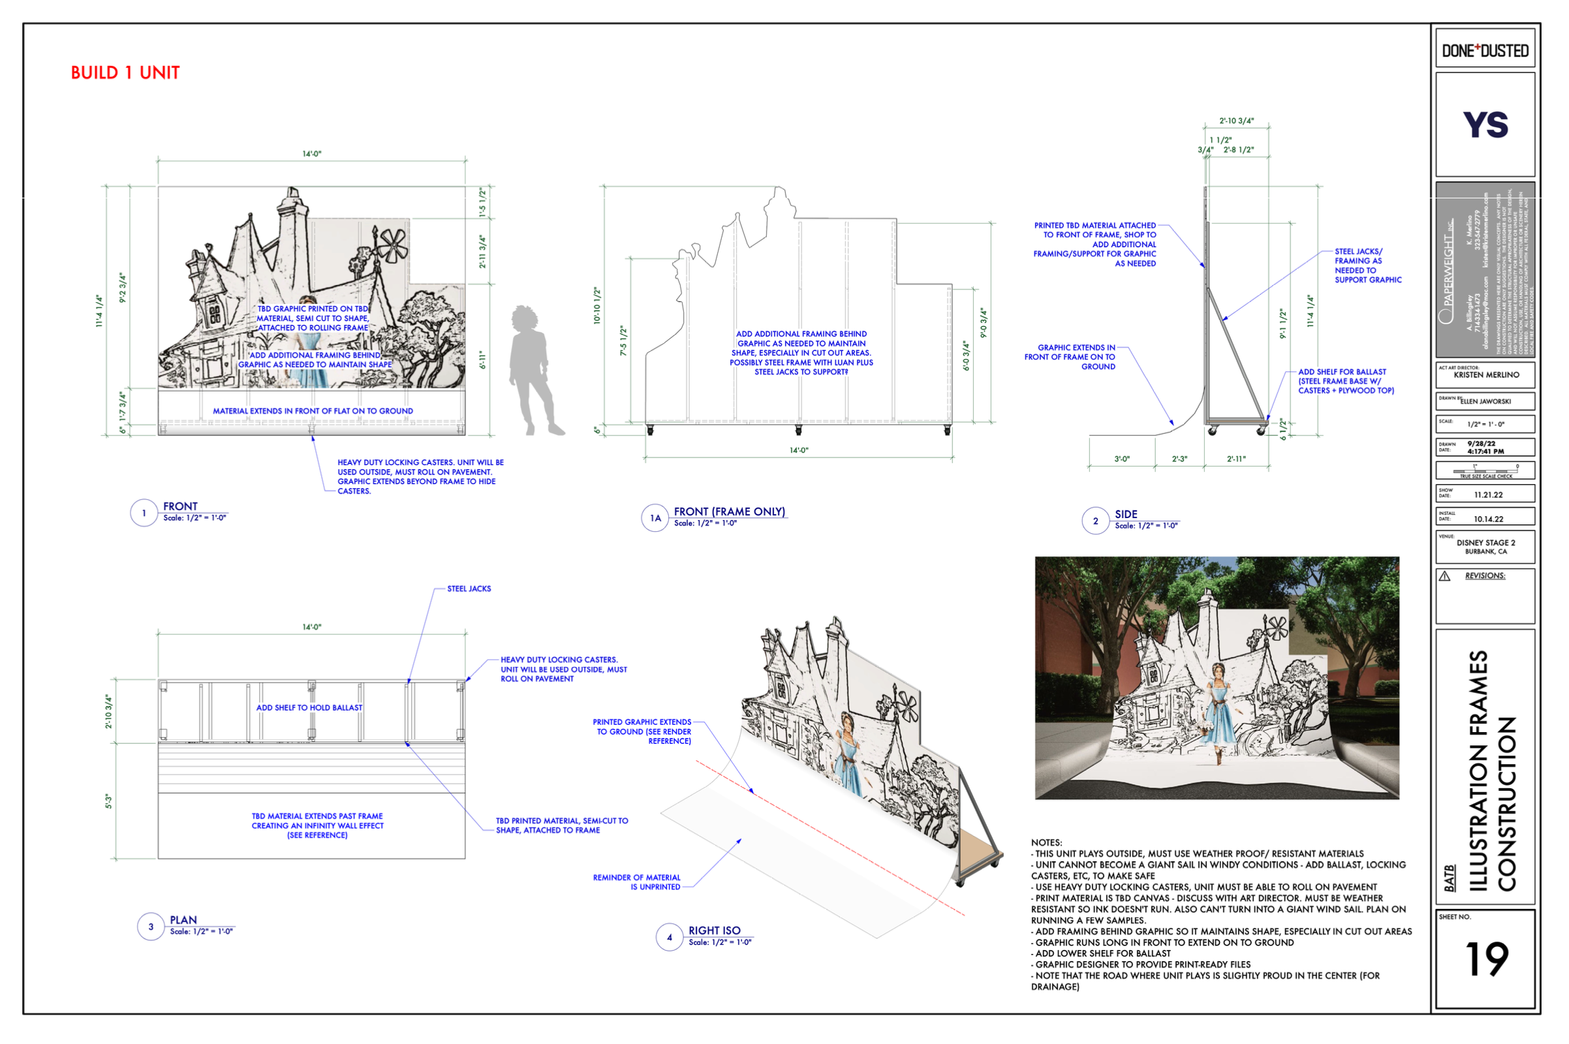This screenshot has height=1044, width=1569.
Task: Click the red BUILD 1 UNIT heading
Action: coord(125,72)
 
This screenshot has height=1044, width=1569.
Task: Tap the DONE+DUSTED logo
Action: coord(1484,51)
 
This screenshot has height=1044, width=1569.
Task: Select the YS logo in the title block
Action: coord(1484,125)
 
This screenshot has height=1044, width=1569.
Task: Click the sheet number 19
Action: coord(1485,959)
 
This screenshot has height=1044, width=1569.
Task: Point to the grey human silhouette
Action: coord(532,369)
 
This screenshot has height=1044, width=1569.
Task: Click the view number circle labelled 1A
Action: coord(655,518)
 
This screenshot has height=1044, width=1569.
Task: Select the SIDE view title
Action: coord(1125,514)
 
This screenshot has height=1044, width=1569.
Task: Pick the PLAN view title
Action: coord(183,920)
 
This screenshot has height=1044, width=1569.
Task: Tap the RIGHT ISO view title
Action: coord(714,930)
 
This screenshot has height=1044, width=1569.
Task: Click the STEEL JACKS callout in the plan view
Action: coord(469,589)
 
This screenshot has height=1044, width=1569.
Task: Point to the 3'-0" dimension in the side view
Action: coord(1121,459)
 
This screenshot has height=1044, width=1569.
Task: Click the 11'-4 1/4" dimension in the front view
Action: coord(99,311)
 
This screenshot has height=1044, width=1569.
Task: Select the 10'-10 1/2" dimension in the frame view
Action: coord(597,305)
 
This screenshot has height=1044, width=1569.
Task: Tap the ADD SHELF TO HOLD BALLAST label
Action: coord(309,708)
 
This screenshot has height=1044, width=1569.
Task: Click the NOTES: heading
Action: coord(1046,842)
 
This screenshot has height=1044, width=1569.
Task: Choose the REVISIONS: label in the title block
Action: coord(1484,576)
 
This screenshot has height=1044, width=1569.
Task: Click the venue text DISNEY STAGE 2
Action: coord(1485,543)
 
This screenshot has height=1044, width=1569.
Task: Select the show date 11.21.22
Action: coord(1488,495)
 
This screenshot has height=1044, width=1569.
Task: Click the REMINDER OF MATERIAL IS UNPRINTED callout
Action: coord(636,882)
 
